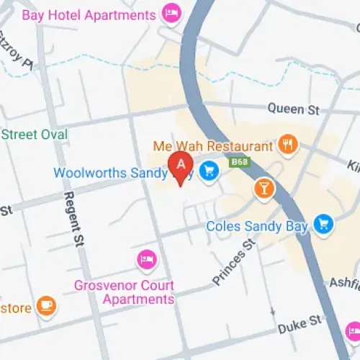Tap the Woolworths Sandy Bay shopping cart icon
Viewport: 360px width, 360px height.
[x=209, y=171]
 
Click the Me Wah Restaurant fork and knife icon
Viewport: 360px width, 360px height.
[x=288, y=145]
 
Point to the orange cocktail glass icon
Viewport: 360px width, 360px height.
[x=264, y=189]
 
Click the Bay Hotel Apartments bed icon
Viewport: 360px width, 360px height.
[x=171, y=13]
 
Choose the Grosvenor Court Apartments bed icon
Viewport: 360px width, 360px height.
[x=146, y=261]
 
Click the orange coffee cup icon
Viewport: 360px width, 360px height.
[x=46, y=306]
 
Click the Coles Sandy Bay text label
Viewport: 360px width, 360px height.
[x=257, y=226]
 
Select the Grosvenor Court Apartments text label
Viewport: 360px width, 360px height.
[x=124, y=292]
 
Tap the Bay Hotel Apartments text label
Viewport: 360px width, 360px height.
[x=89, y=14]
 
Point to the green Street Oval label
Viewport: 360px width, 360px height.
[x=34, y=135]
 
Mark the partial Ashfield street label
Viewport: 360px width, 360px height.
[x=343, y=282]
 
